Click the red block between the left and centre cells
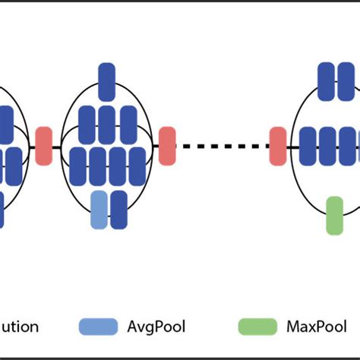click(44, 146)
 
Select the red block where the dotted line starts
click(166, 146)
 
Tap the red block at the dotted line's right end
click(277, 146)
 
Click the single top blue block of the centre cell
click(106, 82)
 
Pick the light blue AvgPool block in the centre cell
click(99, 210)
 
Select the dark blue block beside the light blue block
click(118, 210)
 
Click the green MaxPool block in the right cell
click(334, 215)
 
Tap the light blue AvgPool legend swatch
click(98, 327)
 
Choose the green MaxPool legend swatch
click(257, 327)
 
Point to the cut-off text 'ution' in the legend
click(20, 327)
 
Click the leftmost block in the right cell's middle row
click(308, 146)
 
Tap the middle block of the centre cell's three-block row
click(106, 125)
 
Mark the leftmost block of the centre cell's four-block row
click(77, 166)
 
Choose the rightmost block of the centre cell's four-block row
click(135, 166)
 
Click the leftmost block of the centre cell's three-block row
click(87, 125)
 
